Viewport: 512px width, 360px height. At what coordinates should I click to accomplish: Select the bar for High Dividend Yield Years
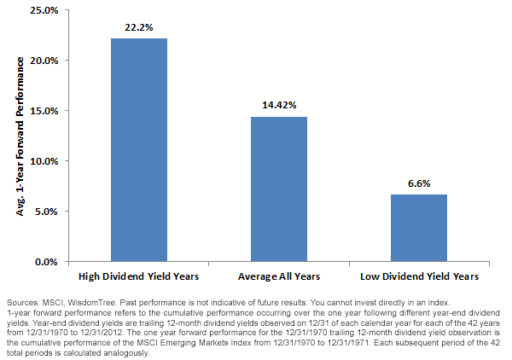[139, 150]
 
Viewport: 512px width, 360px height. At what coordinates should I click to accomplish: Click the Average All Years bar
[279, 189]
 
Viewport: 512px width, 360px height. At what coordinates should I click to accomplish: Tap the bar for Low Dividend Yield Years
[419, 228]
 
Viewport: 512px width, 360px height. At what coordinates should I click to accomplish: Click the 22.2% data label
[139, 27]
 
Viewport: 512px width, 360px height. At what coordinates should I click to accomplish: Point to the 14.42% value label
[279, 105]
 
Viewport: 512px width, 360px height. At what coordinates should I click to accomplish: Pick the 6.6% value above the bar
[419, 183]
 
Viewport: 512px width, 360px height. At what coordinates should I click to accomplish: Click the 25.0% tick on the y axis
[44, 10]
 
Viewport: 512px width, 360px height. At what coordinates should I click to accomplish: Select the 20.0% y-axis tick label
[44, 61]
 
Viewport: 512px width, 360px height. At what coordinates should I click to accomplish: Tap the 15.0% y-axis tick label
[44, 111]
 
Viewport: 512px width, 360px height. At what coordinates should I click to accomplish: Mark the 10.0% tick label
[44, 161]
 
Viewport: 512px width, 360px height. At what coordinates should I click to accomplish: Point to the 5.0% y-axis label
[46, 212]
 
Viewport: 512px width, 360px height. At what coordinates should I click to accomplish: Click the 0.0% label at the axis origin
[46, 262]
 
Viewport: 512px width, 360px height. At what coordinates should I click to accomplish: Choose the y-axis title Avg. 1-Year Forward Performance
[20, 136]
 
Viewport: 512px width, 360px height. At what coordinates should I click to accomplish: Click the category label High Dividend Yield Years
[139, 276]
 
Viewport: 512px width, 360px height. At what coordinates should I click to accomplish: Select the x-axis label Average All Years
[279, 276]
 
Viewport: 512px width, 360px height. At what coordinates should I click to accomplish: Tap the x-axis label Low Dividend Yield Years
[419, 276]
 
